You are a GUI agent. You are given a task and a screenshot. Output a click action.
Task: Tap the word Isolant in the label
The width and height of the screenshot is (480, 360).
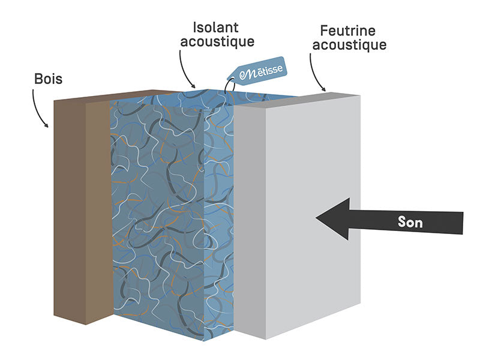215,27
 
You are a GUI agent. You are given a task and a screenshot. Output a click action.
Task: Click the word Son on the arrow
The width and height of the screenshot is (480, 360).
410,223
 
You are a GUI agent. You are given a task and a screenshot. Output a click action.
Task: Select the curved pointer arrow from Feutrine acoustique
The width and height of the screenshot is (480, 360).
315,72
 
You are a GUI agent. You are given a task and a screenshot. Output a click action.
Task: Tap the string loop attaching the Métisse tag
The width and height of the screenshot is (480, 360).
227,86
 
